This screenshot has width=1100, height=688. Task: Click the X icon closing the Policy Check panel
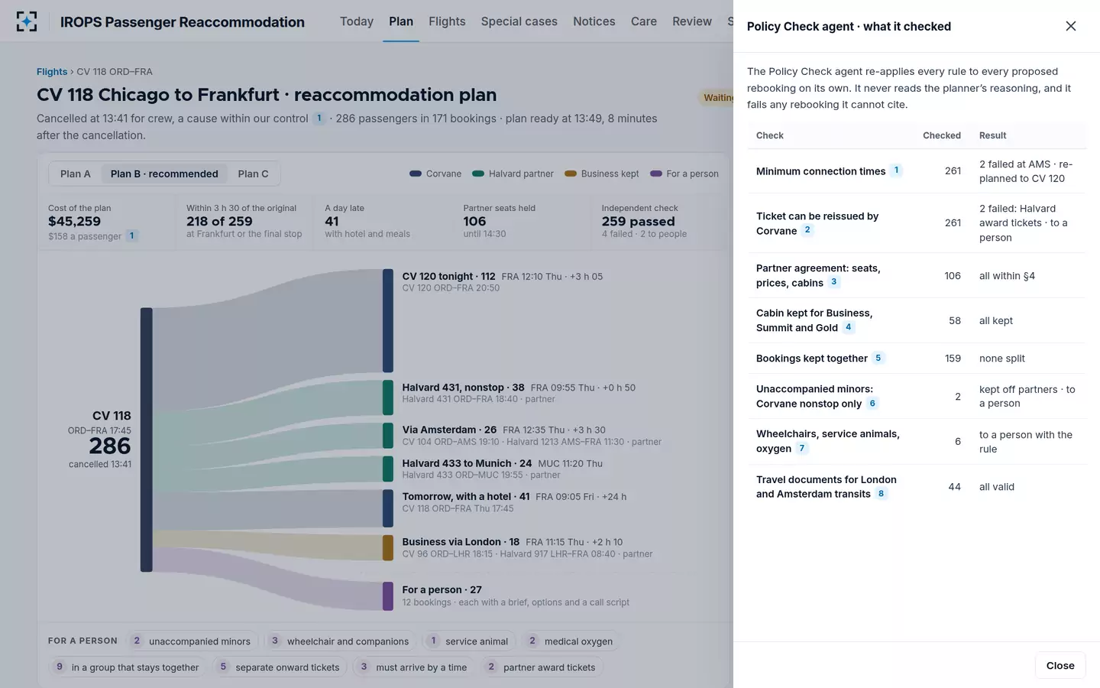(x=1070, y=26)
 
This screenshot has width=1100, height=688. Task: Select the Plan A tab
(x=75, y=174)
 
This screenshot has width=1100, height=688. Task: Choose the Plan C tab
(x=253, y=174)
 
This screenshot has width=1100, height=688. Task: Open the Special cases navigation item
(x=519, y=21)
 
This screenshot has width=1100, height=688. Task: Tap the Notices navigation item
(x=594, y=21)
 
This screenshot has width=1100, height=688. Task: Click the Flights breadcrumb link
(x=52, y=72)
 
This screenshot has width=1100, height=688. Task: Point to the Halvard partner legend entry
(x=513, y=174)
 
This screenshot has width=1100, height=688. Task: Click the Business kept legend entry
(x=602, y=174)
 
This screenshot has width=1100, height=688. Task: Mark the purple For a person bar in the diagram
(x=388, y=596)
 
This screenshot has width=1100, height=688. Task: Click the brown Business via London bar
(x=388, y=547)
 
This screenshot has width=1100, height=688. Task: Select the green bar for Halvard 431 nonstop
(x=388, y=397)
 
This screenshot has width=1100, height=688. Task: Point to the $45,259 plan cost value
(x=74, y=221)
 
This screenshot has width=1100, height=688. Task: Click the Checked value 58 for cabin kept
(x=955, y=320)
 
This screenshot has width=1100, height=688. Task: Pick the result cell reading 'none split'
(x=1001, y=359)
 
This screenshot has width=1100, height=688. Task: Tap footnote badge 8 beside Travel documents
(x=881, y=493)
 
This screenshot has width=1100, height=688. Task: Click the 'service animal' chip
(x=470, y=641)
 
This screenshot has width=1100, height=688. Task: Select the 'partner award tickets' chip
(x=542, y=667)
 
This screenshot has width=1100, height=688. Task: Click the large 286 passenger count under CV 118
(x=109, y=446)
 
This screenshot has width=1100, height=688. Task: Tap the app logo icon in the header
(x=27, y=21)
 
